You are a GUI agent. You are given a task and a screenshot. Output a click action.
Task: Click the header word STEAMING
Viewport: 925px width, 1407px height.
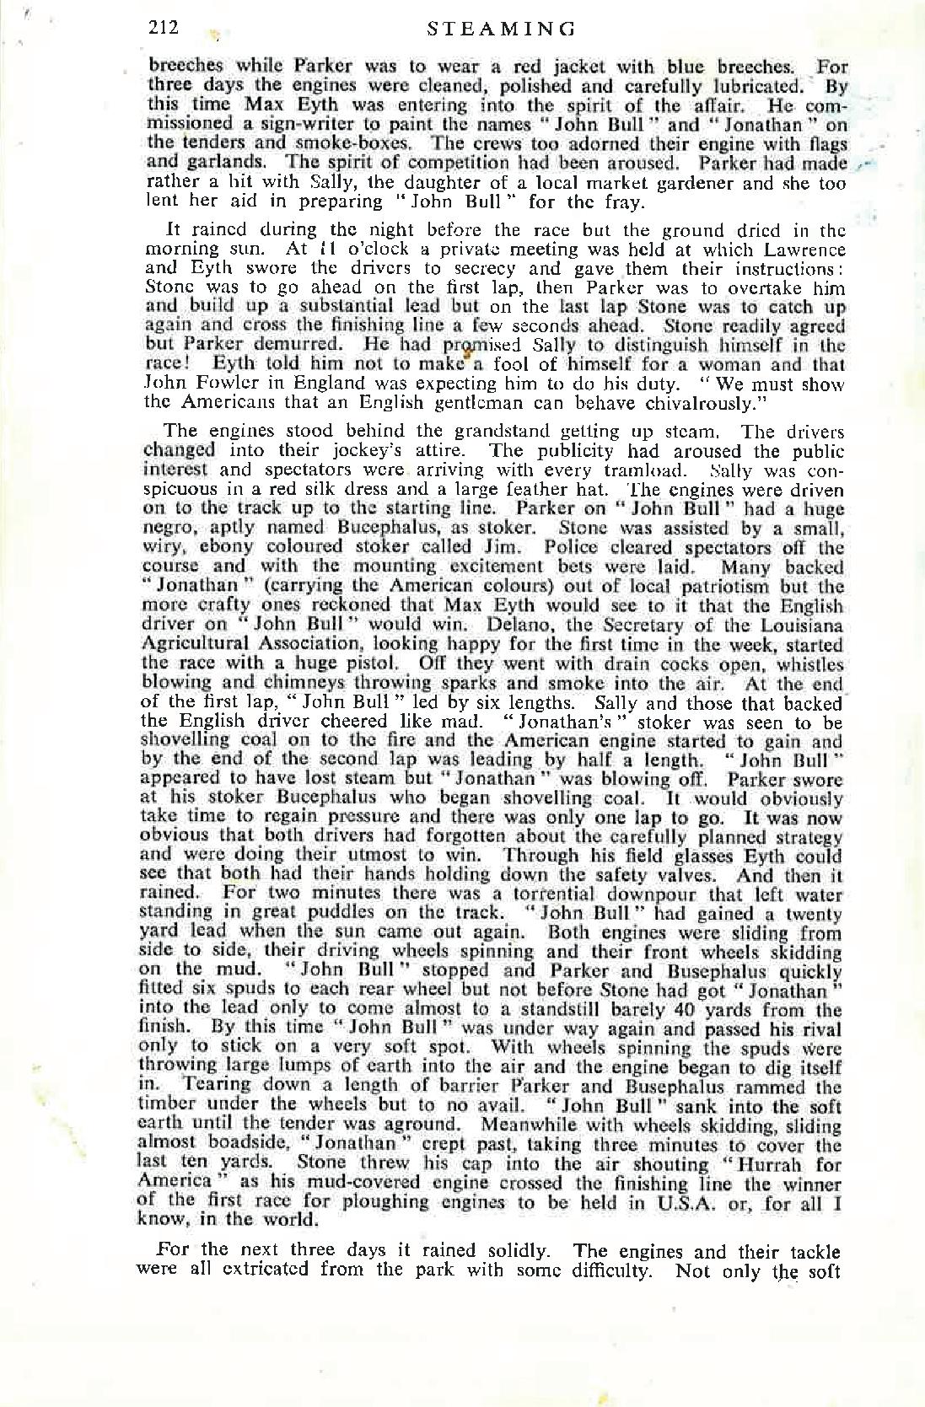point(501,30)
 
